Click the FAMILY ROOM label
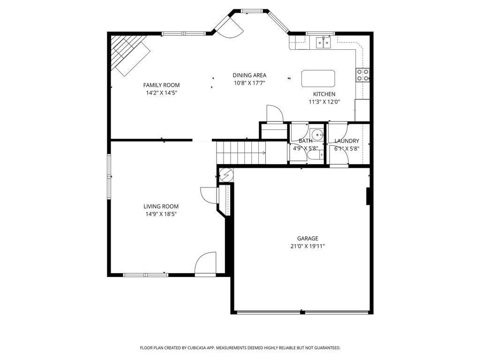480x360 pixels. pos(161,85)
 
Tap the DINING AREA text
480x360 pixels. pos(249,75)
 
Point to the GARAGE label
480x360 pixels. pos(307,238)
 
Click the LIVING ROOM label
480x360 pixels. pos(161,206)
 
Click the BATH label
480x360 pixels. pos(305,141)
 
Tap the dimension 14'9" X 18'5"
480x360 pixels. pos(161,214)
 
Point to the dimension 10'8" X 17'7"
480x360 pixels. pos(249,83)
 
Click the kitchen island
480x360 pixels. pos(318,78)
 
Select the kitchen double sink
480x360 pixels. pos(323,43)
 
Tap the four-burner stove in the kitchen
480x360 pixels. pos(363,75)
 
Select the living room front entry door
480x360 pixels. pos(206,265)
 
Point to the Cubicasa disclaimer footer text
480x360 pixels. pos(240,348)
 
